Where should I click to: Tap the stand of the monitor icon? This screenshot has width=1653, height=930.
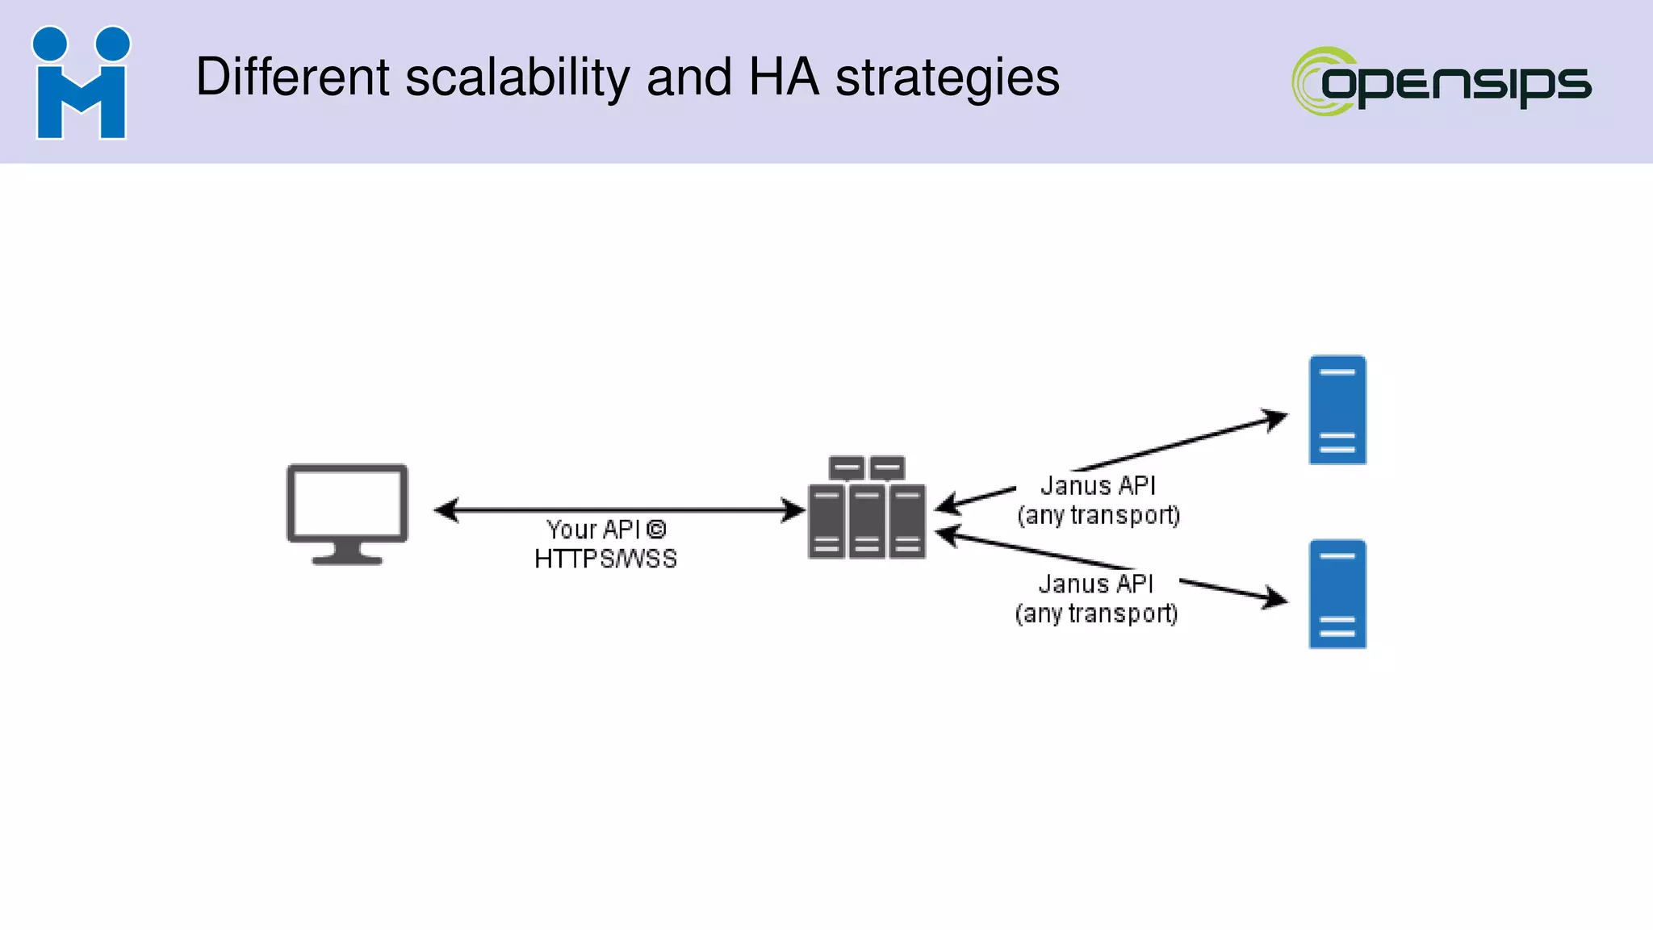tap(347, 554)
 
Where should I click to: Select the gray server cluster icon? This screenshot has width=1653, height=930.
tap(867, 509)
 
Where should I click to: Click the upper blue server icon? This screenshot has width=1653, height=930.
tap(1337, 410)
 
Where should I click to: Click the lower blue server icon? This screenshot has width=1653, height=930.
tap(1337, 594)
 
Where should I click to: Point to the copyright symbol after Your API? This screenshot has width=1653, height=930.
tap(656, 530)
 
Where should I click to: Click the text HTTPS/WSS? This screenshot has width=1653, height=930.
tap(605, 559)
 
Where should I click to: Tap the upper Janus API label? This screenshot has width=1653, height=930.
tap(1098, 486)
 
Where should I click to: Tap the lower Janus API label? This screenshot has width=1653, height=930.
tap(1096, 584)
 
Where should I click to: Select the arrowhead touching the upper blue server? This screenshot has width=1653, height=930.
tap(1275, 419)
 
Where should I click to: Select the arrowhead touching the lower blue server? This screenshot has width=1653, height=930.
tap(1276, 598)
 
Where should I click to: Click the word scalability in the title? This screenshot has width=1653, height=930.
tap(517, 78)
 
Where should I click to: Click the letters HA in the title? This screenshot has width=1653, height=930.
tap(783, 78)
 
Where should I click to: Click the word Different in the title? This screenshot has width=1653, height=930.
tap(293, 78)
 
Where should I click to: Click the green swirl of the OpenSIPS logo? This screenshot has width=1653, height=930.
tap(1312, 81)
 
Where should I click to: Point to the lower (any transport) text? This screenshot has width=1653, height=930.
tap(1096, 614)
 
